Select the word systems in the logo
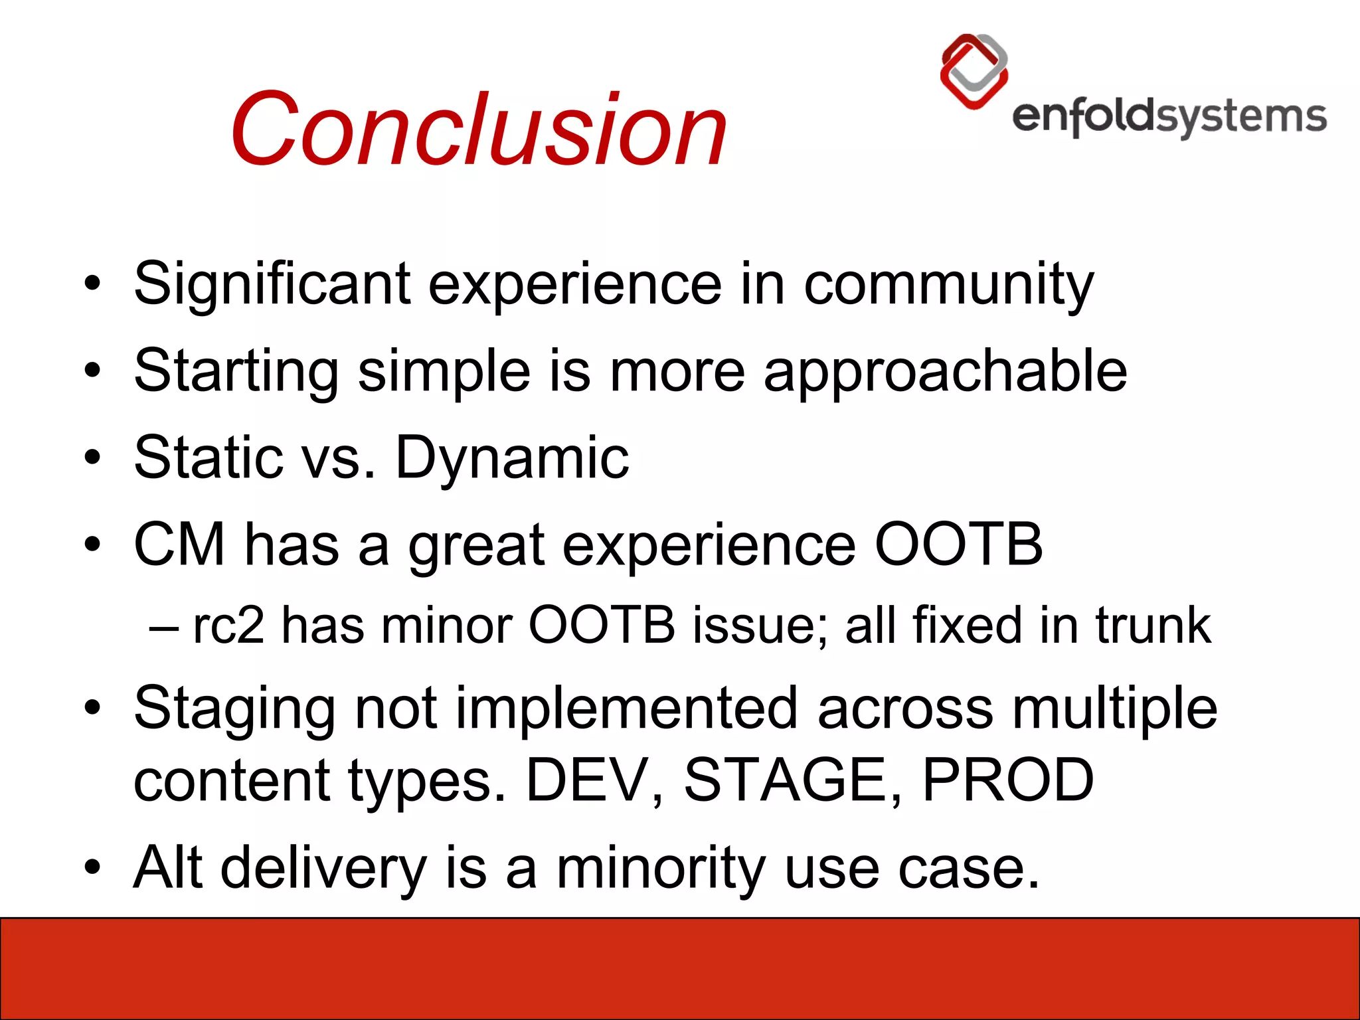coord(1242,118)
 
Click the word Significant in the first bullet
coord(272,284)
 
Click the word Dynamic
coord(512,458)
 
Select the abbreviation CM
coord(179,545)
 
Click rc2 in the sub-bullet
coord(228,626)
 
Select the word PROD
coord(1007,780)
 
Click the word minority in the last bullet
coord(661,868)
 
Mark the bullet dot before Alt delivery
coord(92,867)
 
